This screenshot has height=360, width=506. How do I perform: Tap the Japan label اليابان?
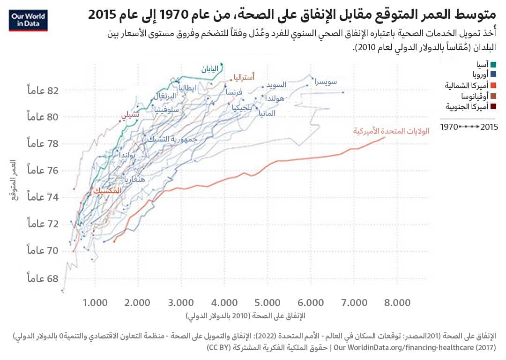coord(210,69)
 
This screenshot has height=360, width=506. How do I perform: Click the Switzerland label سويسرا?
coord(326,82)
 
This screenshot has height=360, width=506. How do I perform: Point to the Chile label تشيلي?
coord(130,114)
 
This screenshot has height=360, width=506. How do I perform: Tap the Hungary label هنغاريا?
coord(136,179)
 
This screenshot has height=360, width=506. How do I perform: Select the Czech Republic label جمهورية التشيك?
coord(171,139)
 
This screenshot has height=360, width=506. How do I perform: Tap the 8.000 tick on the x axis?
coord(398,301)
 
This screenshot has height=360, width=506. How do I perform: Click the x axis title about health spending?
coord(245,315)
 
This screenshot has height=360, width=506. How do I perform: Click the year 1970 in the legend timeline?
coord(449,127)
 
